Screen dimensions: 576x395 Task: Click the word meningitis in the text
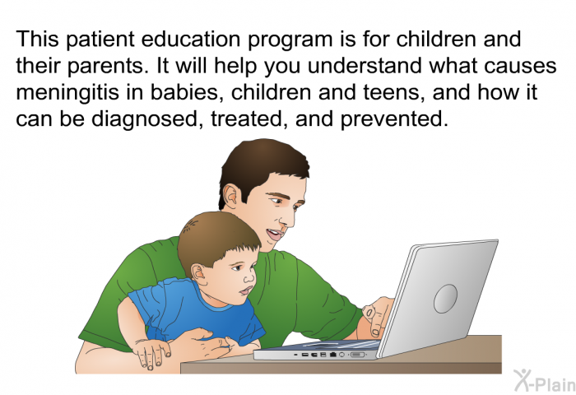coord(67,93)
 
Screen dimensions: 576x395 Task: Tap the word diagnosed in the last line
coord(145,119)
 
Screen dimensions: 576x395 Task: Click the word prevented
coord(394,119)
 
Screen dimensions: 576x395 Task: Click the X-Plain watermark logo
coord(544,380)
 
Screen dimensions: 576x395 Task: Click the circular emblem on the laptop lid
coord(445,299)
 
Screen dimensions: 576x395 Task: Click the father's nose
coord(287,218)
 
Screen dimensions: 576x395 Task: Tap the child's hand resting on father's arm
coord(151,351)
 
